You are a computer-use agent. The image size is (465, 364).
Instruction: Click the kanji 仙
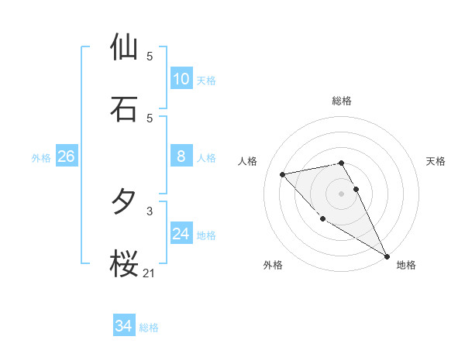(124, 47)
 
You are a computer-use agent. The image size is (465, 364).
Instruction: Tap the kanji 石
(124, 109)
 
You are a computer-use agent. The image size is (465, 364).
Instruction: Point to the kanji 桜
(124, 263)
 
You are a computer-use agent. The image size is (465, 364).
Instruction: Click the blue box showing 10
(181, 78)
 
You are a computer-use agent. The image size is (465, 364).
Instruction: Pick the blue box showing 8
(181, 156)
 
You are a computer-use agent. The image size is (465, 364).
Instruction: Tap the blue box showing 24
(181, 234)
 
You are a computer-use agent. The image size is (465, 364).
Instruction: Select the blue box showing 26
(66, 156)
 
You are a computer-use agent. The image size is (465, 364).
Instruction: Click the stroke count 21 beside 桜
(150, 273)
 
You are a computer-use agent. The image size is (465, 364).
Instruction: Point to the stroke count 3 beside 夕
(150, 211)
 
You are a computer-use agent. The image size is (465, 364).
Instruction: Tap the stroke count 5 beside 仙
(150, 57)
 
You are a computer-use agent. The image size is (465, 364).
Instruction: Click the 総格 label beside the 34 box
(149, 328)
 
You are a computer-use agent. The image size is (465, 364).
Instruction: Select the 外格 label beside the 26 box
(41, 158)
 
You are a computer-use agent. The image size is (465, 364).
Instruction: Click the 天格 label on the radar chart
(436, 161)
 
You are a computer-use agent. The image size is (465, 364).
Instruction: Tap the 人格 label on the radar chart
(248, 161)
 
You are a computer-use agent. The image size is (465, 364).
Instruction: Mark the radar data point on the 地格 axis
(387, 256)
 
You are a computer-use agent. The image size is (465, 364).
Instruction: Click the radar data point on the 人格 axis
(283, 174)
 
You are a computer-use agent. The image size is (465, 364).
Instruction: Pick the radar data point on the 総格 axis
(341, 163)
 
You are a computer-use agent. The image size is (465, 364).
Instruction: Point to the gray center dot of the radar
(341, 194)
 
